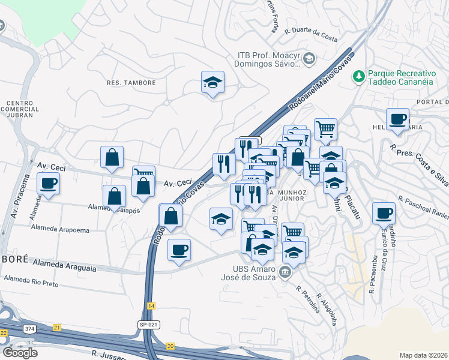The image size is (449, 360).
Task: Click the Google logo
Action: tap(20, 352)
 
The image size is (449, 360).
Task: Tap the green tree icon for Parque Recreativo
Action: tap(359, 76)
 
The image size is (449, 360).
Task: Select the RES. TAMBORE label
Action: tap(131, 83)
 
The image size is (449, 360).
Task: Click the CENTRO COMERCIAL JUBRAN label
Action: tap(23, 109)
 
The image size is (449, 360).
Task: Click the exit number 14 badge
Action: tap(151, 306)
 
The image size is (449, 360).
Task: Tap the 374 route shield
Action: tap(29, 329)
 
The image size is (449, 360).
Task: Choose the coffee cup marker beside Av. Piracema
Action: tap(48, 183)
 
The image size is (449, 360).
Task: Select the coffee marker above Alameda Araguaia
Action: tap(179, 250)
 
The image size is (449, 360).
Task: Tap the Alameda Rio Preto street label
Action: tap(31, 281)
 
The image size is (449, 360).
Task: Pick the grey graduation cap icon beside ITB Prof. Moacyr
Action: tap(309, 58)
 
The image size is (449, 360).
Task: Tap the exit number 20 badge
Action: tap(170, 346)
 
